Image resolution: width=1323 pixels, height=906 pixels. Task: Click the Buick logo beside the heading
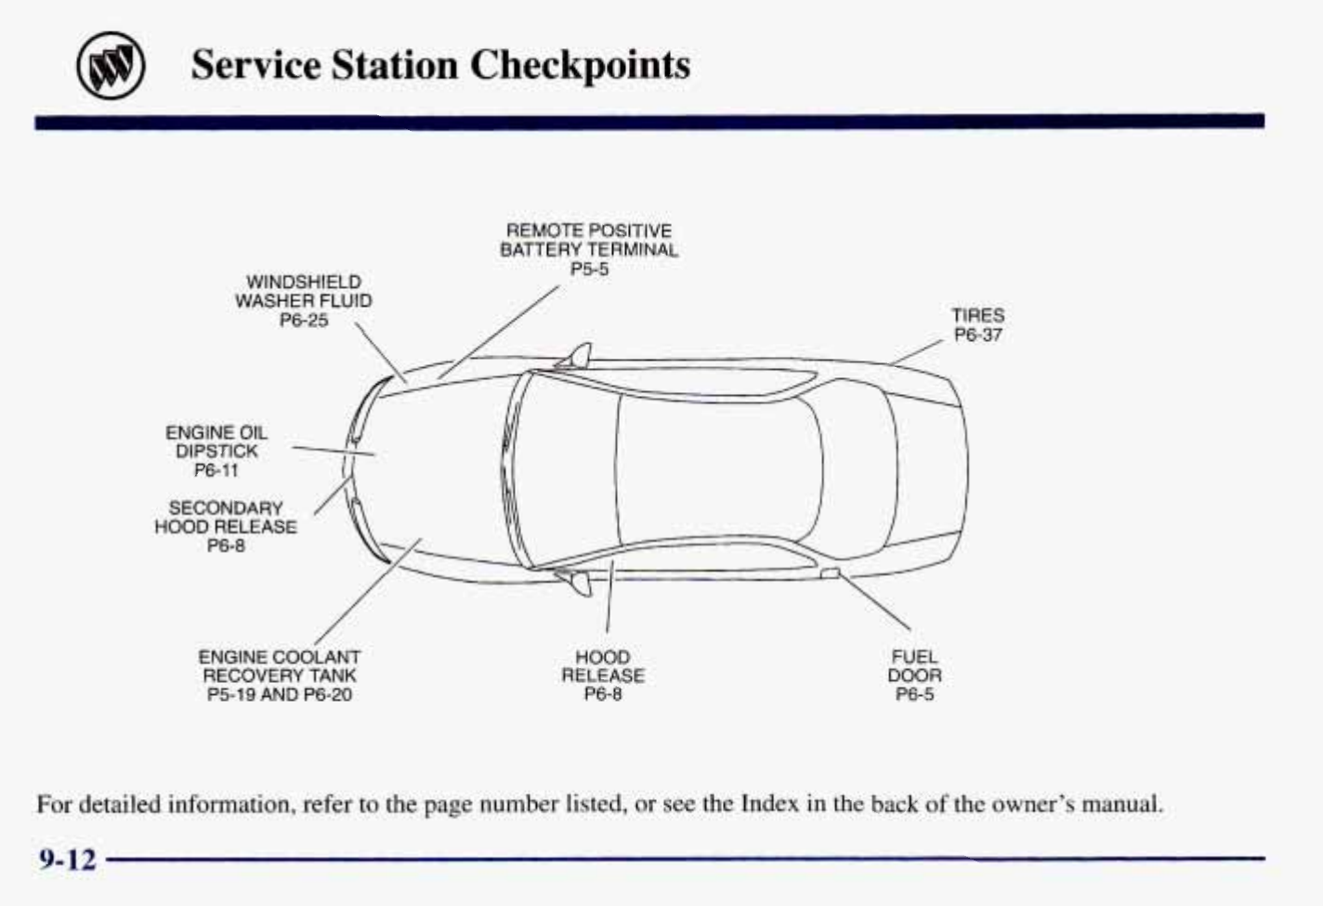tap(111, 68)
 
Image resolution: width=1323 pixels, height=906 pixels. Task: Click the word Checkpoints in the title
tap(580, 65)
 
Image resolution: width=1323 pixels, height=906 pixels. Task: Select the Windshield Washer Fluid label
tap(303, 291)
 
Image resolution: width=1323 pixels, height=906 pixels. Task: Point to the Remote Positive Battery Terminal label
tap(589, 240)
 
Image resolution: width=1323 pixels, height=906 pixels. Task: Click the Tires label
tap(977, 316)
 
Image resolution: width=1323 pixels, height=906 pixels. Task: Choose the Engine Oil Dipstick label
tap(216, 441)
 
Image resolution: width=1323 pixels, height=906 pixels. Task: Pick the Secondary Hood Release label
tap(226, 518)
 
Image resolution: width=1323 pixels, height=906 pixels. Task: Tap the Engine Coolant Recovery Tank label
tap(280, 666)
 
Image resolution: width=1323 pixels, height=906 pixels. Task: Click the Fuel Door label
tap(914, 666)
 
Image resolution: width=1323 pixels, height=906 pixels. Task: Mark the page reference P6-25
tap(304, 321)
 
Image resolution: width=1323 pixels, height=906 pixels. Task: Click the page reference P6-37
tap(978, 335)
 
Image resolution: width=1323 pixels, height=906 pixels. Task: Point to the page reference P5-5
tap(589, 269)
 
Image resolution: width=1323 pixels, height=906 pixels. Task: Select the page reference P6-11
tap(216, 470)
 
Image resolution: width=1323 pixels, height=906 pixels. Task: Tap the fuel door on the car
tap(830, 573)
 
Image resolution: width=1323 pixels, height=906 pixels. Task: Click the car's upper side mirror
tap(578, 355)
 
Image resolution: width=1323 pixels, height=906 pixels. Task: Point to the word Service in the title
tap(255, 65)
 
